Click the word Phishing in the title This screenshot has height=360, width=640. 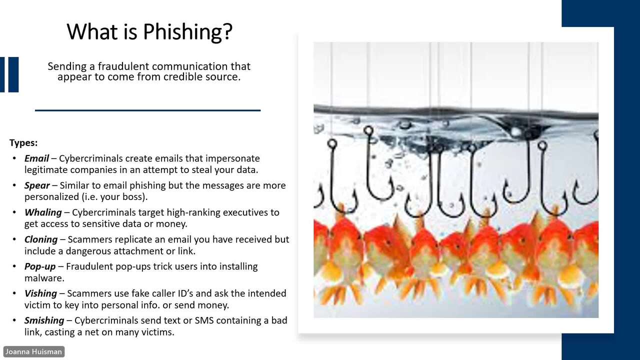coord(187,32)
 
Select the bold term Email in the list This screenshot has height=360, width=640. coord(36,158)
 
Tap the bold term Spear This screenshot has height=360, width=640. coord(37,185)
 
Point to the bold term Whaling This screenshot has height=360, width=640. coord(43,212)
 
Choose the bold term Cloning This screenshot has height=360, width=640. coord(41,239)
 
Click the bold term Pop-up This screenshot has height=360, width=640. coord(40,266)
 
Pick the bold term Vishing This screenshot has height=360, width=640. coord(41,293)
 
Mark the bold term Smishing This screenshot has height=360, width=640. coord(44,320)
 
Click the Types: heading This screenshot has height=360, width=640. coord(23,142)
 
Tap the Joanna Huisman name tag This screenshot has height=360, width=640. coord(33,351)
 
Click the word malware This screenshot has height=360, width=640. coord(44,278)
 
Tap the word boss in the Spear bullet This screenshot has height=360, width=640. coord(133,197)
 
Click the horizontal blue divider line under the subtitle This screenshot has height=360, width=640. coord(147,110)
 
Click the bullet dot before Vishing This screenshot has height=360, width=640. coord(14,293)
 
